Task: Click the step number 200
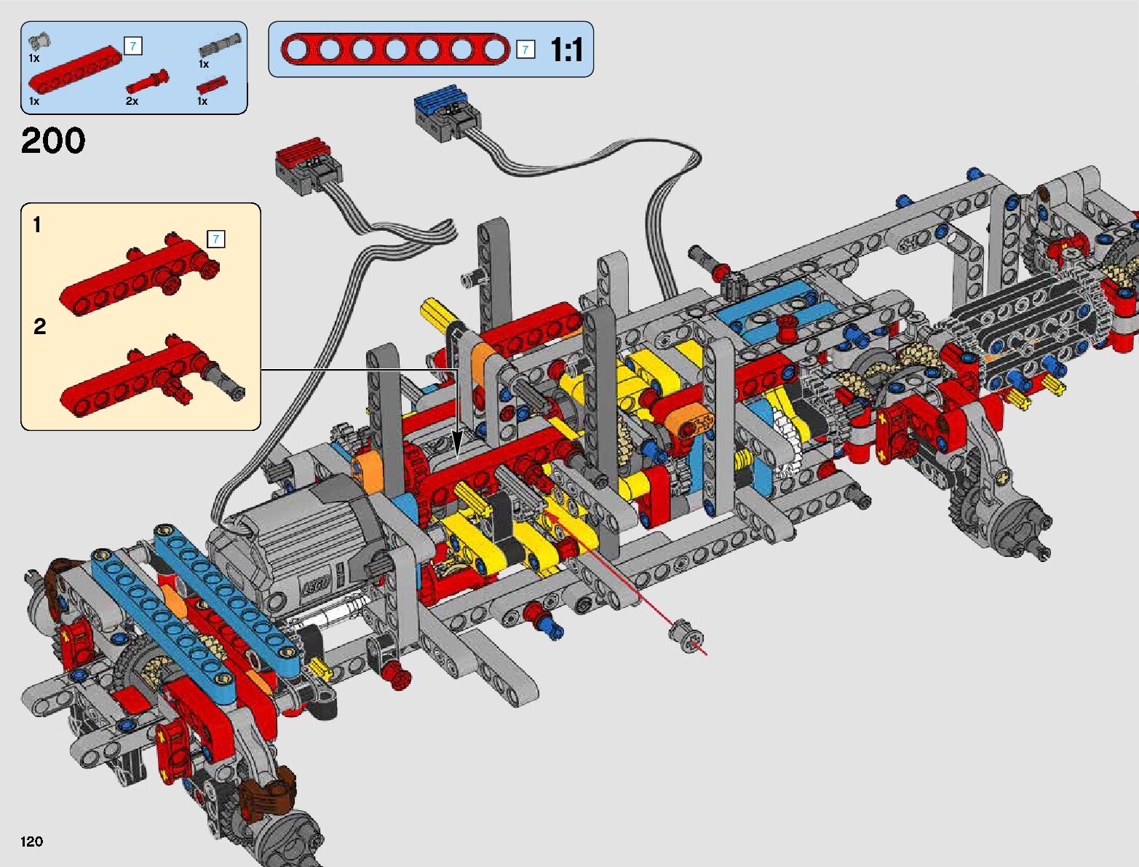[x=53, y=140]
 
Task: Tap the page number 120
[x=31, y=842]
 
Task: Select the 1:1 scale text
[x=566, y=50]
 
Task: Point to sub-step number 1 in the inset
[x=37, y=225]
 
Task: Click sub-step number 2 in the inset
[x=39, y=326]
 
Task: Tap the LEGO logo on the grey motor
[x=316, y=585]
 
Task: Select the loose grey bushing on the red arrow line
[x=686, y=637]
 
